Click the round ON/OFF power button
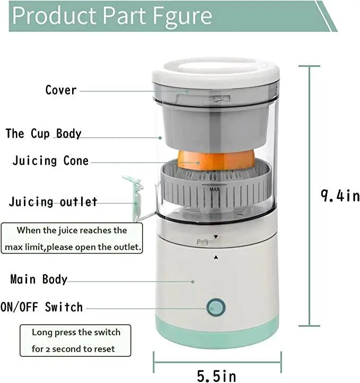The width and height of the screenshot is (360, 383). pos(215,307)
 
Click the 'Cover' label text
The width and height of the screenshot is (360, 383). pos(61,90)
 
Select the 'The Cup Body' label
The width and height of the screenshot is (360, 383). pos(43,133)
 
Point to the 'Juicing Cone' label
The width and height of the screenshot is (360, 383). pos(50,161)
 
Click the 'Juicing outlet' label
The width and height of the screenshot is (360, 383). pos(53,202)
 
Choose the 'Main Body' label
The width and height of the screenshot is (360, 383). pos(39,280)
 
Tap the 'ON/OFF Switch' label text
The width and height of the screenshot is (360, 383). pos(42,307)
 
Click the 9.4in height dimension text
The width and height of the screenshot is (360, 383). pos(339,196)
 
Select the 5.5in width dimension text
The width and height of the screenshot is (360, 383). pos(216,376)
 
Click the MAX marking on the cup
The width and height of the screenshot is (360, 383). pos(214,189)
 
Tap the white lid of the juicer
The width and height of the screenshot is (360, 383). pos(215,75)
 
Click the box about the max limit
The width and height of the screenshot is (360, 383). pos(73,239)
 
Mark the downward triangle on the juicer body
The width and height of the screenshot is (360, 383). pos(216,237)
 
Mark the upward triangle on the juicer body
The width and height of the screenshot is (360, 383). pos(216,257)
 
